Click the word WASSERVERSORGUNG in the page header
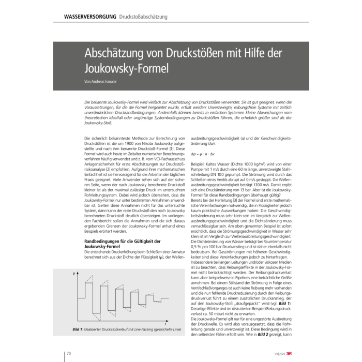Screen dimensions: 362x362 pos(89,17)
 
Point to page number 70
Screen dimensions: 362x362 pos(68,353)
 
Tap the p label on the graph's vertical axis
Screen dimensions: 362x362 pos(74,272)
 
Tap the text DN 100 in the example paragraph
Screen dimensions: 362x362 pos(208,180)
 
